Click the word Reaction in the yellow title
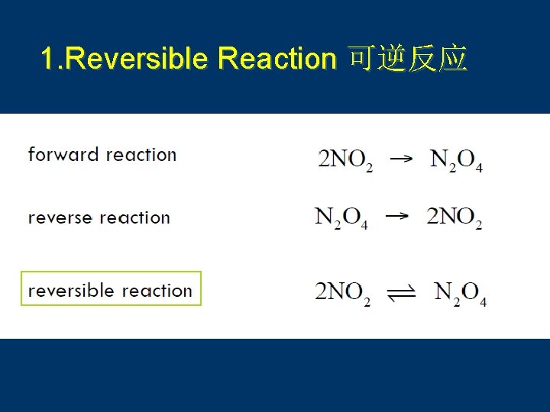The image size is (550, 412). (x=277, y=59)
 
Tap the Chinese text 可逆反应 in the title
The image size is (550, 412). (x=407, y=59)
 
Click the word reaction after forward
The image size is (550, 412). (x=141, y=155)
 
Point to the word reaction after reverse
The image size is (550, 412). (x=134, y=218)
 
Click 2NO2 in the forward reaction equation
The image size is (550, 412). (x=345, y=160)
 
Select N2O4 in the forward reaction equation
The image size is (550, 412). (x=456, y=160)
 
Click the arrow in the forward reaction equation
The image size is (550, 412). (x=401, y=159)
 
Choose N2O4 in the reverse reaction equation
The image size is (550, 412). (x=341, y=218)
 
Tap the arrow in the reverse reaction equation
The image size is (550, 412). (x=396, y=217)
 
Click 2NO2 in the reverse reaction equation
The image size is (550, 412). (x=455, y=218)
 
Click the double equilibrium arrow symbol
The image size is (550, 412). (x=402, y=293)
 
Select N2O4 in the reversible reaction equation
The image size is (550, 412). (x=460, y=293)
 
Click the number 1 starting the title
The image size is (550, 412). (x=47, y=59)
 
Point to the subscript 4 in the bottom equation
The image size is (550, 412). (x=483, y=302)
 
